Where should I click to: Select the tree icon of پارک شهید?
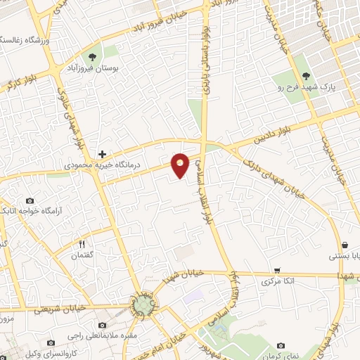tap(306, 77)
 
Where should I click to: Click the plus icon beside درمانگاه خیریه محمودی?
tap(102, 153)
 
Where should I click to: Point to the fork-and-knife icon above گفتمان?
tap(82, 243)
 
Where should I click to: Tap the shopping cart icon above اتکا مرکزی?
tap(277, 270)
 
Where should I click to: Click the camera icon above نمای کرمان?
tap(281, 345)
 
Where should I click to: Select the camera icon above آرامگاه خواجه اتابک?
tap(29, 200)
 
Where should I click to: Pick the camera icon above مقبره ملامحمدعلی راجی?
tap(103, 325)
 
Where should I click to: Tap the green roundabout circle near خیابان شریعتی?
tap(144, 304)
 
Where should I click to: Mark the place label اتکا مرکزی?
tap(277, 281)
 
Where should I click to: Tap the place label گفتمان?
tap(82, 255)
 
